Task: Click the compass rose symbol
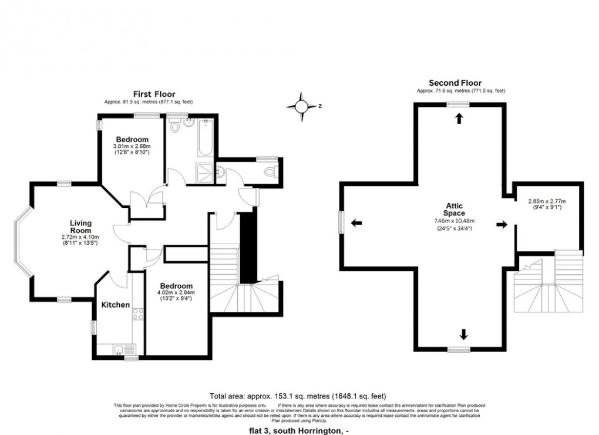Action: [x=301, y=106]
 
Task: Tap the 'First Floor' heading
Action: [x=154, y=94]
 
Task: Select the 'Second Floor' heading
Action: [x=455, y=83]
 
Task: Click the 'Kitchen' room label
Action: [x=116, y=305]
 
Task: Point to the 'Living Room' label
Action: [x=81, y=227]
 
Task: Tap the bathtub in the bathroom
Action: [x=205, y=137]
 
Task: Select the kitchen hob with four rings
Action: [x=139, y=314]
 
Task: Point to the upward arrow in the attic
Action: [x=458, y=119]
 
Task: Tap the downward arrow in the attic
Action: [x=464, y=335]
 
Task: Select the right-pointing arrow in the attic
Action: [x=502, y=224]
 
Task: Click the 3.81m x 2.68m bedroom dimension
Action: [x=132, y=146]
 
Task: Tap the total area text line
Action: [x=298, y=396]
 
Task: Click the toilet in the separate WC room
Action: [x=270, y=172]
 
